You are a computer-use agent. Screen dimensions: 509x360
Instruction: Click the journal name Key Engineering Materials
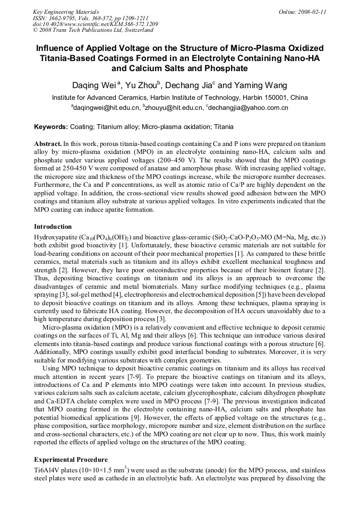66,12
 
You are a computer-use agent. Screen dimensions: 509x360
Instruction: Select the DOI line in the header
95,24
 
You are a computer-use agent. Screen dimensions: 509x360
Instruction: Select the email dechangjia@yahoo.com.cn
248,108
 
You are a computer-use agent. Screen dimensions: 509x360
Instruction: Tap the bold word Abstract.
47,144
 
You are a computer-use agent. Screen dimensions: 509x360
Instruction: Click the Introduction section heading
53,227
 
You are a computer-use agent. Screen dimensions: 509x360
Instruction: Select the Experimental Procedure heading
71,459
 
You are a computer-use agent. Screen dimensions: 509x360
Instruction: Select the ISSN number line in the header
89,18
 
